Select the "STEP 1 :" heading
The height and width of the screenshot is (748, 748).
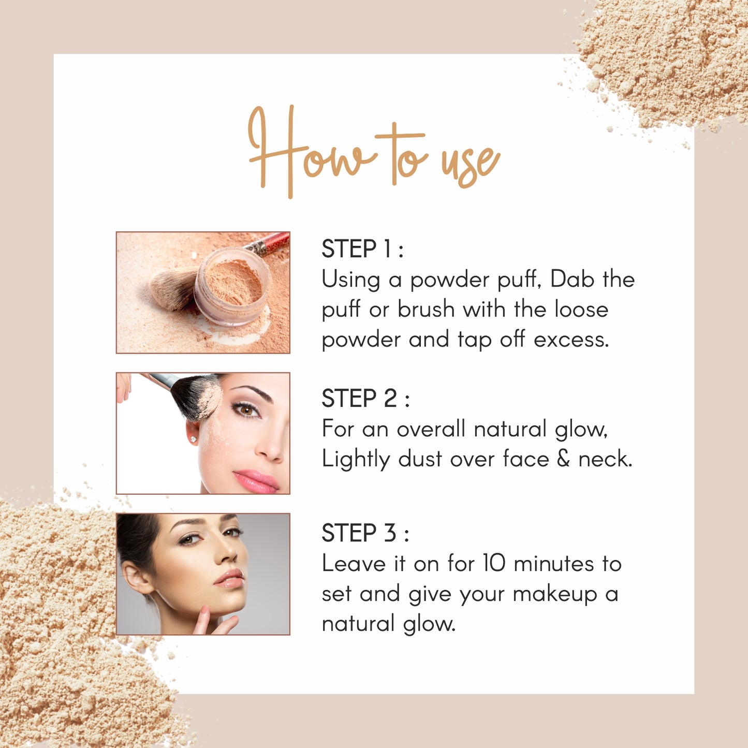pos(362,249)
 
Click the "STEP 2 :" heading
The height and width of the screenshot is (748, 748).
pos(365,398)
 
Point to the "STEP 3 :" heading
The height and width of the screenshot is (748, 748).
pos(365,533)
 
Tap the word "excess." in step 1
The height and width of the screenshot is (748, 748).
pos(571,340)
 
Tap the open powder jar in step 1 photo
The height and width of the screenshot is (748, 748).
pos(232,286)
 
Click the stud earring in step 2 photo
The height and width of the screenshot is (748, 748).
pos(193,439)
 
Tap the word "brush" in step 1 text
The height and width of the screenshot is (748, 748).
pos(426,310)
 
